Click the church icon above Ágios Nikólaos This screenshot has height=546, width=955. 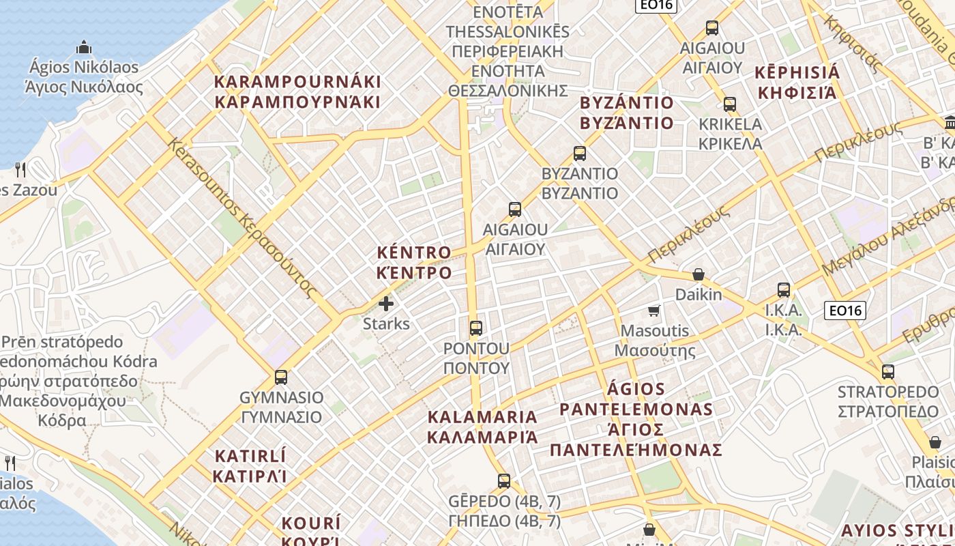click(x=84, y=48)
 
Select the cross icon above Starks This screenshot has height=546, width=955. click(x=386, y=303)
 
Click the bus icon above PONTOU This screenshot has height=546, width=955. click(x=476, y=328)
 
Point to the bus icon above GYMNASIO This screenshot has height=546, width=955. click(x=280, y=377)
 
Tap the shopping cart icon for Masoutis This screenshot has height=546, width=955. click(x=654, y=311)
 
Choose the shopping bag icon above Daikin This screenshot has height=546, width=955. click(x=698, y=274)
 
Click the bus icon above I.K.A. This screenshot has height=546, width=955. click(x=783, y=289)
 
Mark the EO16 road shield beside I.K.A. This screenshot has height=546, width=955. click(x=844, y=311)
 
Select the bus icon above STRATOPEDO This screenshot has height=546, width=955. click(x=887, y=372)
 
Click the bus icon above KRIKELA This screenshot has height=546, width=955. click(x=730, y=104)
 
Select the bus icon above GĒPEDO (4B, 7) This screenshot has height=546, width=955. click(x=504, y=481)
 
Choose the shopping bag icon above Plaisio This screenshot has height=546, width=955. click(x=935, y=442)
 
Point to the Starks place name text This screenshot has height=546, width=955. click(x=386, y=324)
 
